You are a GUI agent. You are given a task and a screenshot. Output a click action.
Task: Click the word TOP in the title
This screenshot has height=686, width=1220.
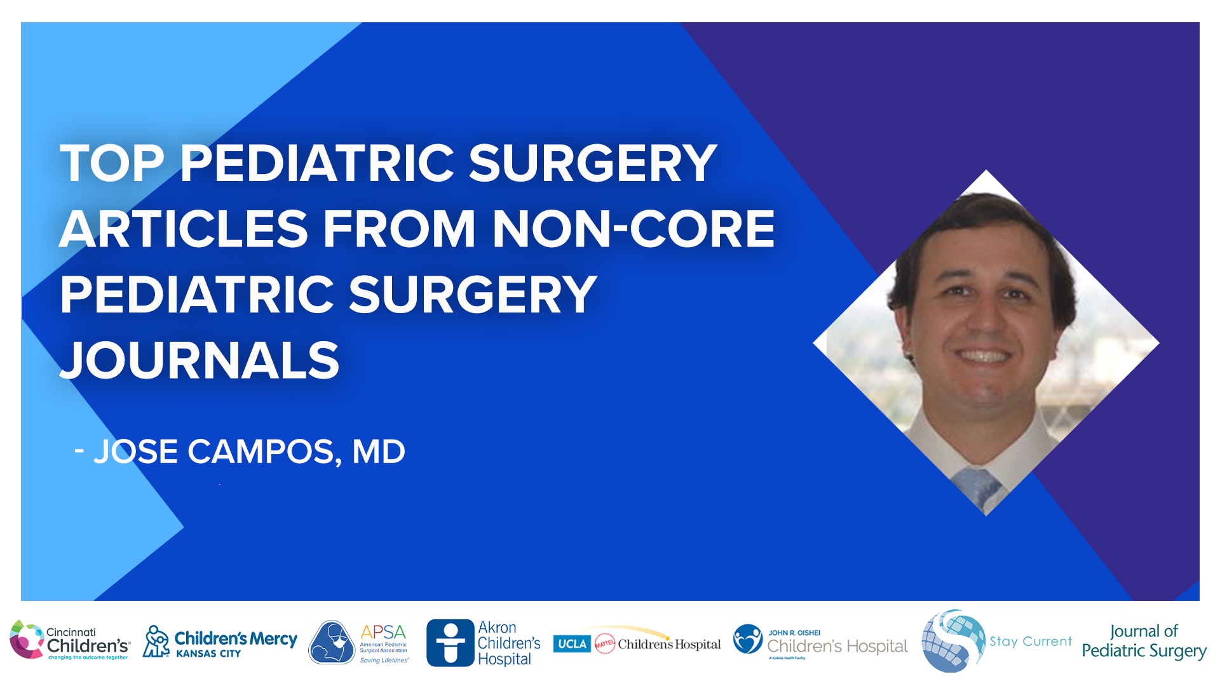112,164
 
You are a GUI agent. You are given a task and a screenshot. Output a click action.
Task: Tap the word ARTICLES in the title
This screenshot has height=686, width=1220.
183,229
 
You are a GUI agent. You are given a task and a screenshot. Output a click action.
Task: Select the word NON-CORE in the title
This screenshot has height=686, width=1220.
633,229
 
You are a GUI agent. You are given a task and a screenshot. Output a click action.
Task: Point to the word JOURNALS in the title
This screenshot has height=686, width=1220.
200,361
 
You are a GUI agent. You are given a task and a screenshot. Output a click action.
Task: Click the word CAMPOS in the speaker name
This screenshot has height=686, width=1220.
261,452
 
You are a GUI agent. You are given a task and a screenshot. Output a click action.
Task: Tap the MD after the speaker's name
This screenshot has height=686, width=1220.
378,452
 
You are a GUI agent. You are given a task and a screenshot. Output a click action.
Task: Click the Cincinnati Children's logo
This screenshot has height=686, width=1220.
70,641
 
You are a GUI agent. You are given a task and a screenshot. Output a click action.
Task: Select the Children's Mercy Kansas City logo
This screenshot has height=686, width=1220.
220,642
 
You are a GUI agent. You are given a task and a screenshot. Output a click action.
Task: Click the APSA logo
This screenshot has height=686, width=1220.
359,642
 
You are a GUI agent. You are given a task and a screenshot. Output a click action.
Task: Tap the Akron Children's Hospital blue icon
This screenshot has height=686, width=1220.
450,643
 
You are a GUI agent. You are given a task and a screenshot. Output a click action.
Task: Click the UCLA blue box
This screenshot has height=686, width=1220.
572,644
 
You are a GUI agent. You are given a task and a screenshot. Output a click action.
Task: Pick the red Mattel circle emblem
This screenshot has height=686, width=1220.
604,644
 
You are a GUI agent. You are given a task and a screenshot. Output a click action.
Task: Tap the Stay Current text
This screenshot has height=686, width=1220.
1030,642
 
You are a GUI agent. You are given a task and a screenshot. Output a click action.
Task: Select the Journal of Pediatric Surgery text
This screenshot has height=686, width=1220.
1144,641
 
